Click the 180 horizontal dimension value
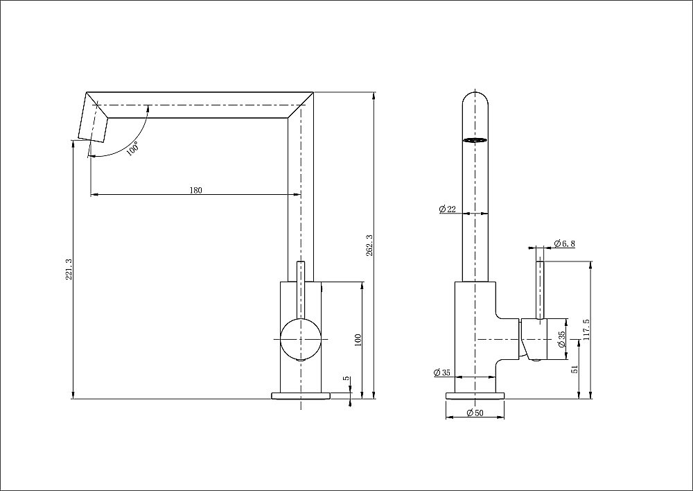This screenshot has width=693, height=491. click(195, 191)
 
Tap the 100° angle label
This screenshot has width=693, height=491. click(133, 147)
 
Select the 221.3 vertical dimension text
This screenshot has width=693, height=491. click(67, 269)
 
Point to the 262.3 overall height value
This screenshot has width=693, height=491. click(369, 245)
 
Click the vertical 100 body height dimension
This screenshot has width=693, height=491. click(358, 340)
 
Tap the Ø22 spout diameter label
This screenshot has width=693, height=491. click(446, 209)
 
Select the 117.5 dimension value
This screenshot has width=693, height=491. click(586, 331)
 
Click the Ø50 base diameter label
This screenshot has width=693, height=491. click(475, 413)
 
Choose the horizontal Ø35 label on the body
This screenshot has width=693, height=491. click(442, 372)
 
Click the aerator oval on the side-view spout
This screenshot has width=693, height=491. click(475, 141)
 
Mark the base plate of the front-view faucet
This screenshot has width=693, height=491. click(301, 395)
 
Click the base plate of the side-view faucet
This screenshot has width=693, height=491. click(475, 395)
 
